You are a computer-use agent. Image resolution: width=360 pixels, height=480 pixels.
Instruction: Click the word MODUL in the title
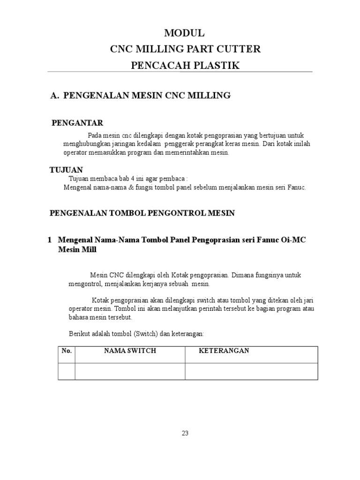tap(184, 33)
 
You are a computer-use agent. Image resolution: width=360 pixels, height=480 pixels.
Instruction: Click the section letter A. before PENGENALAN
tap(54, 96)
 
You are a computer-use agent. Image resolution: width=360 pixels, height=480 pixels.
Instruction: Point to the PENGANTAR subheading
tap(77, 123)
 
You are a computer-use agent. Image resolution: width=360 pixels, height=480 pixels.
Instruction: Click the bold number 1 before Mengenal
tap(50, 240)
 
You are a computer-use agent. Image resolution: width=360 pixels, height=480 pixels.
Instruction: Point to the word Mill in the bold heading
tap(89, 250)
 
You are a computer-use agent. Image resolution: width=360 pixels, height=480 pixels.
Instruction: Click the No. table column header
tap(66, 351)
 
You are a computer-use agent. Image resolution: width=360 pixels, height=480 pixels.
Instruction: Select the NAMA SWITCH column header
tap(130, 351)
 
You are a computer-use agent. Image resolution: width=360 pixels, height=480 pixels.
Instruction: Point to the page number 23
tap(185, 433)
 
